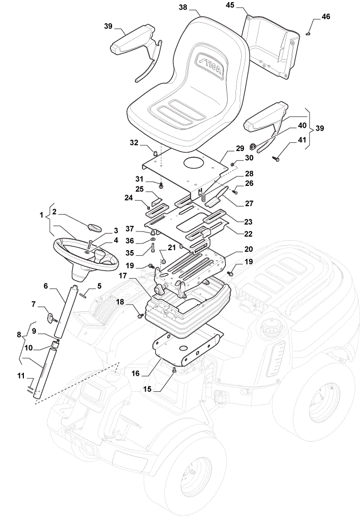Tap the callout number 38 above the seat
click(x=183, y=7)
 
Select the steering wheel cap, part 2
click(x=94, y=227)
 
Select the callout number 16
click(x=136, y=374)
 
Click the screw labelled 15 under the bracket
click(x=174, y=372)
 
